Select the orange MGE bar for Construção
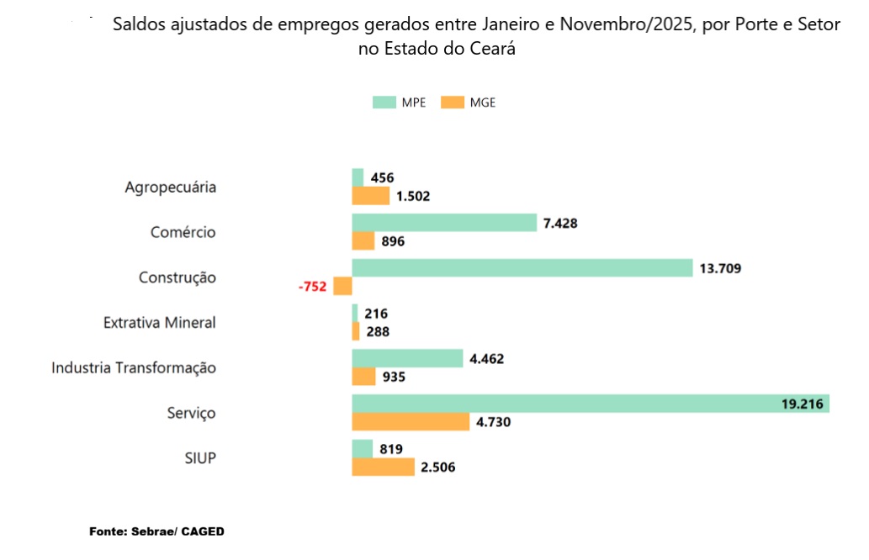click(342, 287)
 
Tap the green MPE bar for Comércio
click(443, 223)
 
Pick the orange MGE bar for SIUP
click(383, 467)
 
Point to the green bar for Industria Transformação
click(407, 358)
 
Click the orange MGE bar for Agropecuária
click(370, 197)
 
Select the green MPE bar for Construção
click(522, 268)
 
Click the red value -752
click(312, 287)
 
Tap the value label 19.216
click(802, 404)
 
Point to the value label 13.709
click(720, 268)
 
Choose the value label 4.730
click(494, 422)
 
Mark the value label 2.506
click(439, 467)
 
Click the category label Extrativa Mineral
click(160, 322)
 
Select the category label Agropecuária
click(171, 187)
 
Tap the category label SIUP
click(200, 457)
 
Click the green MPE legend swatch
click(384, 103)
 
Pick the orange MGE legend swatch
click(453, 103)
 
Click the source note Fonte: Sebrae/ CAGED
click(157, 532)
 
